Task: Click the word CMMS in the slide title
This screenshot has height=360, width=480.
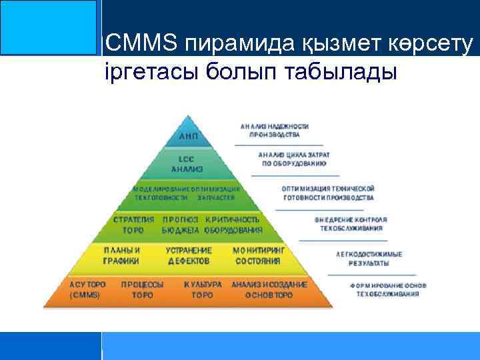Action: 141,43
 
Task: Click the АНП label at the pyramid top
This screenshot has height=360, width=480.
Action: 189,135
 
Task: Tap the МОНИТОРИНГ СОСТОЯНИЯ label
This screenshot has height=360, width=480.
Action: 257,255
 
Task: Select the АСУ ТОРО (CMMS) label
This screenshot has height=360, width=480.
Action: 87,289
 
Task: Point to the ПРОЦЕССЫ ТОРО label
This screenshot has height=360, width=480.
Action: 142,289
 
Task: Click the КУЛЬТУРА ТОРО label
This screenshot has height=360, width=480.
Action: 202,289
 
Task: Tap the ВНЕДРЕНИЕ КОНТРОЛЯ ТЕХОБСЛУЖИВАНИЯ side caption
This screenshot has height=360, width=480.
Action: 350,223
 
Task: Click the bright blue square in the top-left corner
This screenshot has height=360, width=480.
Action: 48,27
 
